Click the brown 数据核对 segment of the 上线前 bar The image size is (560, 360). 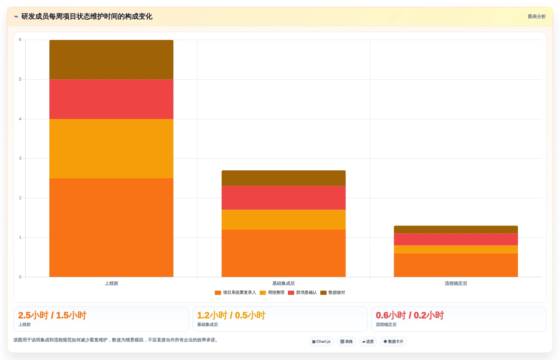pyautogui.click(x=111, y=60)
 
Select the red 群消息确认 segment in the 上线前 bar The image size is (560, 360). pyautogui.click(x=111, y=99)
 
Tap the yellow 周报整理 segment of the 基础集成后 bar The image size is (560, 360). pyautogui.click(x=283, y=220)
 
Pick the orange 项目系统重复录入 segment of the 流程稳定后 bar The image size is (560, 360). pyautogui.click(x=456, y=265)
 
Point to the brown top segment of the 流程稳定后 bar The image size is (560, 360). pyautogui.click(x=456, y=230)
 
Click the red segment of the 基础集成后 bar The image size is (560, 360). pyautogui.click(x=283, y=198)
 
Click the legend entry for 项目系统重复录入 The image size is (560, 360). pyautogui.click(x=235, y=292)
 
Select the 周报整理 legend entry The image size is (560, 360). pyautogui.click(x=272, y=292)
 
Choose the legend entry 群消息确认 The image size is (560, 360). pyautogui.click(x=302, y=292)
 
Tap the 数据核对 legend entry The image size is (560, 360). pyautogui.click(x=332, y=292)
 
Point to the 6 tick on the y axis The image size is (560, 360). pyautogui.click(x=20, y=40)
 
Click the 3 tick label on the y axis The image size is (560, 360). pyautogui.click(x=20, y=158)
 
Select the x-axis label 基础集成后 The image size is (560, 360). pyautogui.click(x=283, y=283)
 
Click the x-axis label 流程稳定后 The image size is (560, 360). pyautogui.click(x=456, y=283)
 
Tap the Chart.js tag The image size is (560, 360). pyautogui.click(x=321, y=341)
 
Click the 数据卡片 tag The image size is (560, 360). pyautogui.click(x=393, y=341)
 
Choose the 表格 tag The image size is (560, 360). pyautogui.click(x=347, y=341)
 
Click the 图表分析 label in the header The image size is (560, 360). pyautogui.click(x=537, y=17)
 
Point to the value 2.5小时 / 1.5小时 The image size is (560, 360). pyautogui.click(x=52, y=315)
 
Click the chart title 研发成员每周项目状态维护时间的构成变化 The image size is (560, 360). pyautogui.click(x=87, y=17)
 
